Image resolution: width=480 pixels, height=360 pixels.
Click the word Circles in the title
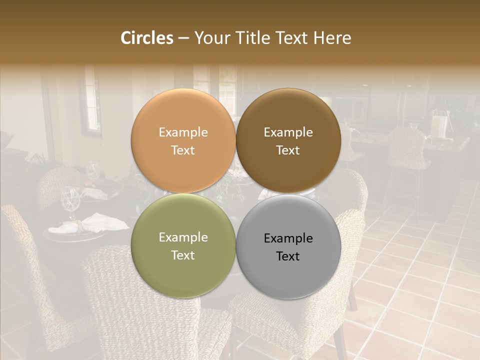coord(146,38)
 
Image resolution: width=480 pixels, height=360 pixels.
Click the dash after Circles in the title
coord(183,39)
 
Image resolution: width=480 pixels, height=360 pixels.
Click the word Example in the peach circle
coord(183,132)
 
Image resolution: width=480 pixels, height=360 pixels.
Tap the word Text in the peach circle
coord(183,150)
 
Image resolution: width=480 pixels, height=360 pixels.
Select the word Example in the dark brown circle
coord(288,132)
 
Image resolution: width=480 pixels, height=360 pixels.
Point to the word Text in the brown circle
coord(288,150)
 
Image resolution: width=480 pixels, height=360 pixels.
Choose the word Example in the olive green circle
coord(183,237)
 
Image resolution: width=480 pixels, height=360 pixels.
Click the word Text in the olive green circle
coord(183,255)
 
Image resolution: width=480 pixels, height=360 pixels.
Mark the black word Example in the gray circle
coord(288,238)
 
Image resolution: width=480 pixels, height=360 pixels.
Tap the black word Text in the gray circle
coord(288,256)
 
